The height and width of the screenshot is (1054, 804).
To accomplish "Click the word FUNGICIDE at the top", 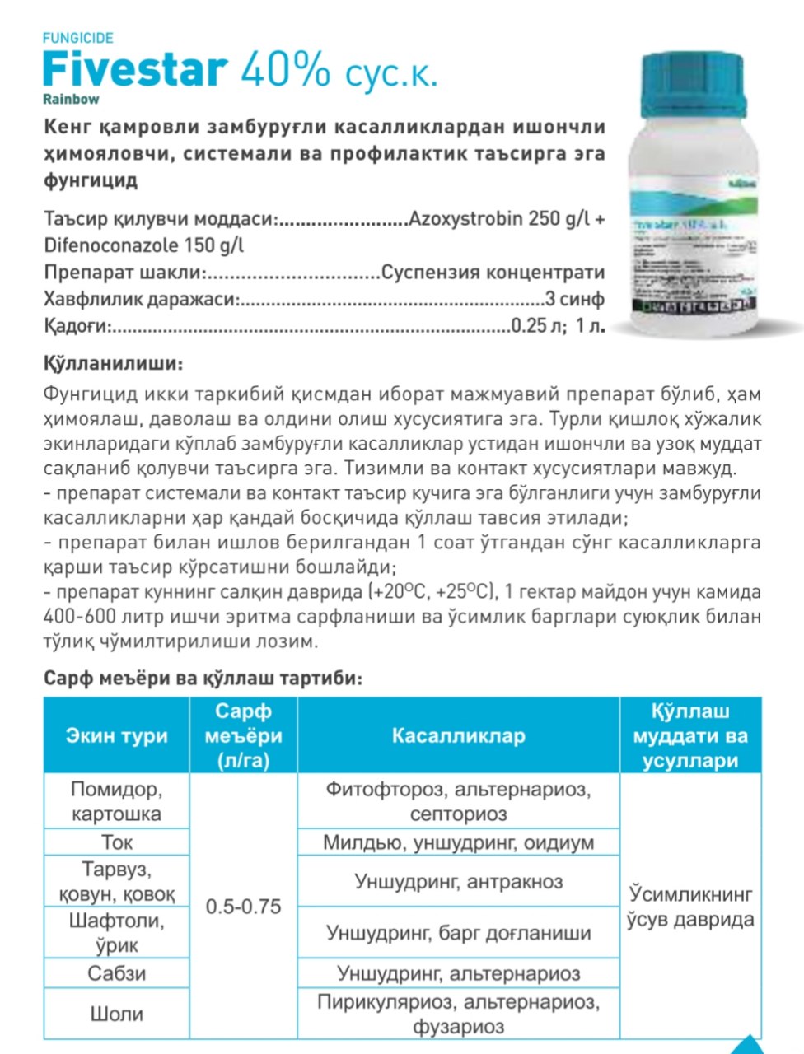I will (77, 38).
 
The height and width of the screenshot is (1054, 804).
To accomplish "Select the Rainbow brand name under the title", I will (71, 100).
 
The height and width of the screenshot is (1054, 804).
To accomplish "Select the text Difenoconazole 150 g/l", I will (144, 245).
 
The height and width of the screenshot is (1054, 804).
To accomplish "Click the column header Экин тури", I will (116, 735).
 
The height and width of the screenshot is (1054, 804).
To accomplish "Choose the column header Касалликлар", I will (458, 735).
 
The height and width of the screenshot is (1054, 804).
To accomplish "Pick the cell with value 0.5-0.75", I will (243, 907).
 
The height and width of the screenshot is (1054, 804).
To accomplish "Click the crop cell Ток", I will (116, 842).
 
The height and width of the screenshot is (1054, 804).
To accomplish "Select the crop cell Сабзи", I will (116, 973).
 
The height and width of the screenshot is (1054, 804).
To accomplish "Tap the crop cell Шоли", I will (116, 1014).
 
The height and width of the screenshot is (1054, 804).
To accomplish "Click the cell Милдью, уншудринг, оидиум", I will (458, 842).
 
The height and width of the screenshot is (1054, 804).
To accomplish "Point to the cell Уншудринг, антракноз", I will (458, 882).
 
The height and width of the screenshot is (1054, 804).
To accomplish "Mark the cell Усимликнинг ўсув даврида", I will (690, 907).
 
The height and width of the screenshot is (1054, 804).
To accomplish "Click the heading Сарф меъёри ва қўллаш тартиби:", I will (203, 679).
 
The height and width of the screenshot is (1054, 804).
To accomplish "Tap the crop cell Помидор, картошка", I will (116, 801).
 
